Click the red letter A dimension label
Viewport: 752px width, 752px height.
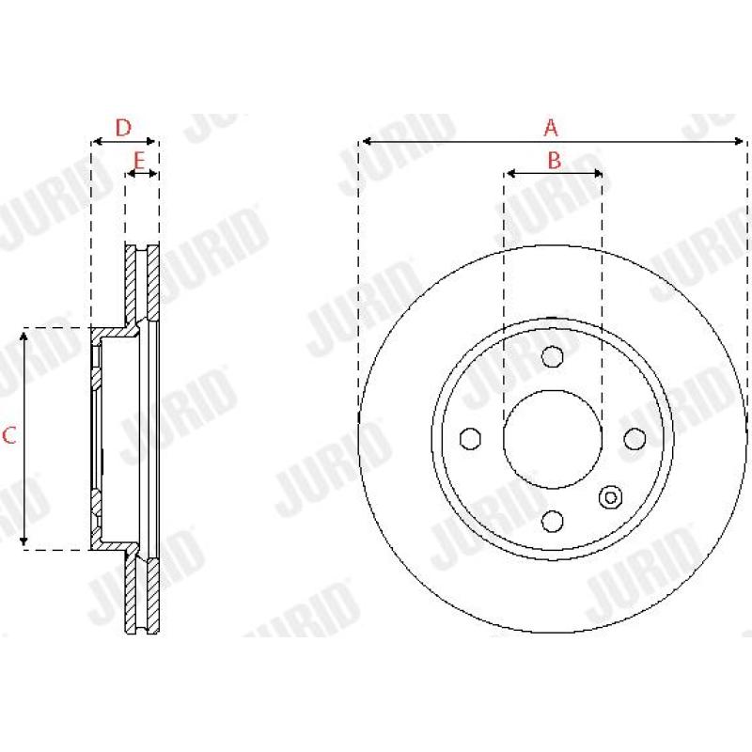pyautogui.click(x=552, y=127)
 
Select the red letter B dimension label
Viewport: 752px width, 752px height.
pyautogui.click(x=554, y=160)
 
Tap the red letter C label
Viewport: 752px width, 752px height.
pyautogui.click(x=9, y=434)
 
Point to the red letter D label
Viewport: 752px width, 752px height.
pyautogui.click(x=122, y=127)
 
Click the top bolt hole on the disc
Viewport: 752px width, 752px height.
pyautogui.click(x=553, y=356)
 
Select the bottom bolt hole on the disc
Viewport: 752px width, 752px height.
pyautogui.click(x=553, y=520)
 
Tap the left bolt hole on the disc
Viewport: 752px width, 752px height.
pyautogui.click(x=470, y=439)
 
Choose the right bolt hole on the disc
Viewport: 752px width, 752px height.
pyautogui.click(x=634, y=439)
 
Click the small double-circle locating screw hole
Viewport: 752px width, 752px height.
pyautogui.click(x=611, y=496)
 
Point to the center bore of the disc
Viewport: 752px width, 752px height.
pyautogui.click(x=553, y=439)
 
